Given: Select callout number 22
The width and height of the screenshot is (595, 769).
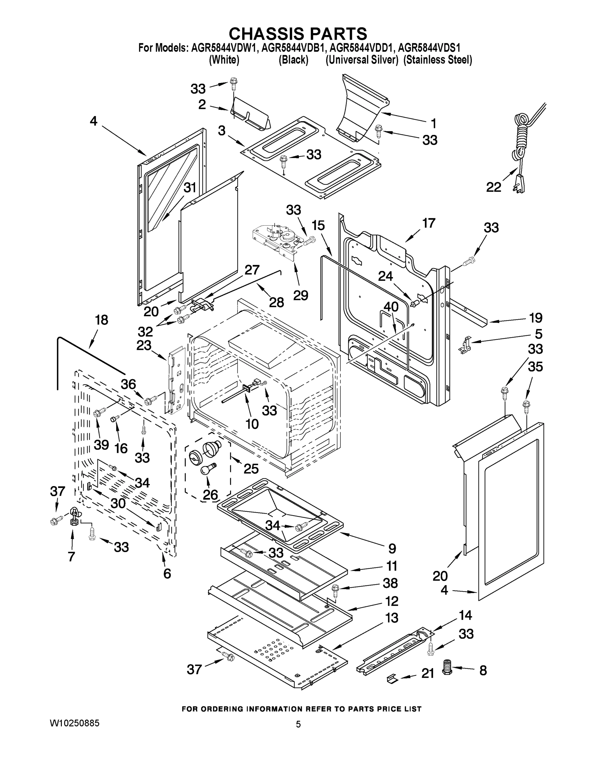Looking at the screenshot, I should coord(494,187).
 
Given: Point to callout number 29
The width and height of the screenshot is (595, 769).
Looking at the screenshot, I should coord(301,295).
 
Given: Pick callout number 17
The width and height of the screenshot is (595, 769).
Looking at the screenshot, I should coord(429,223).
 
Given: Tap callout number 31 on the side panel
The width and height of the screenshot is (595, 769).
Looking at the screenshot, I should coord(190,187).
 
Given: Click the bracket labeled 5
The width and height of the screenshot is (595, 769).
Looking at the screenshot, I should coord(466,344).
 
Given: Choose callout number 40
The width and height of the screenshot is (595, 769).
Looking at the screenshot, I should coord(391,307).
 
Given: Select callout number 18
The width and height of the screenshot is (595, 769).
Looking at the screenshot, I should coord(101,320).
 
